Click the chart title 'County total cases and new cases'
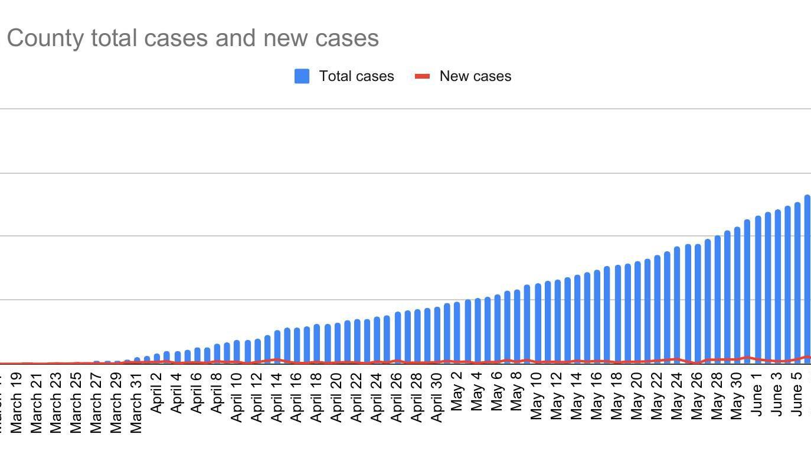[192, 38]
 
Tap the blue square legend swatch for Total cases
[302, 76]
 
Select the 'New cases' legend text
[475, 76]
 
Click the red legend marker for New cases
[422, 76]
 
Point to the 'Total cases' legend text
[357, 76]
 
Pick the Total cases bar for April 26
[397, 337]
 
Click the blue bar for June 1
[757, 290]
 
